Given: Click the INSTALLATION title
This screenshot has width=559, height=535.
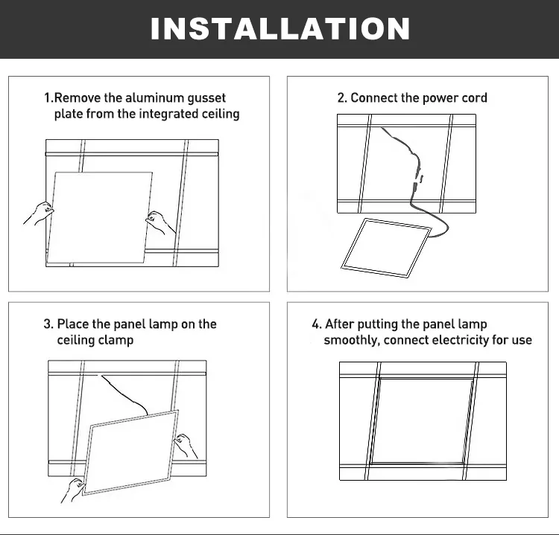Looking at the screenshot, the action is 280,28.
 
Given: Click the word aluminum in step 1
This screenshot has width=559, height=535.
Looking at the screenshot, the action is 155,97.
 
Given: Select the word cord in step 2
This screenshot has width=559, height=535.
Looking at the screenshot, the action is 474,97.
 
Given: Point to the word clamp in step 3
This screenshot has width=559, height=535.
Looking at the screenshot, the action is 116,340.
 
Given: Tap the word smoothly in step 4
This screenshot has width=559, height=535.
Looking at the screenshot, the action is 351,340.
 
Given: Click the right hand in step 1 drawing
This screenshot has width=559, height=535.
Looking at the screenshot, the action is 160,222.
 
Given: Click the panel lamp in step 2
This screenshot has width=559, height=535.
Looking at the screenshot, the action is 386,248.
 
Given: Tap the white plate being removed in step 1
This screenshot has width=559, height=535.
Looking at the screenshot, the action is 100,217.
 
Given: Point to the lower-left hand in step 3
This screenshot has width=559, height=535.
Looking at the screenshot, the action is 73,490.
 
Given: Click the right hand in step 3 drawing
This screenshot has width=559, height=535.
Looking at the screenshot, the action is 186,446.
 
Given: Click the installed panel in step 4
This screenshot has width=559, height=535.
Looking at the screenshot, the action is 423,421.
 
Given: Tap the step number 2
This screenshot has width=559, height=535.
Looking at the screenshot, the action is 341,97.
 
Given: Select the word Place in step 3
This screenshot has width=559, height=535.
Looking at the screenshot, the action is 73,324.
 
